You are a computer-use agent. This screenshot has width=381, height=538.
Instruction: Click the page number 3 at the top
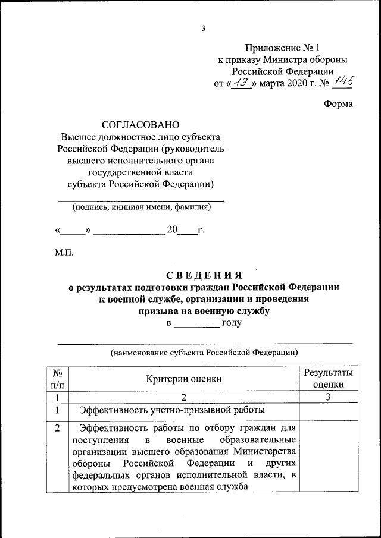[203, 27]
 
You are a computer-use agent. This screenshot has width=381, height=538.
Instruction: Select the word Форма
[338, 103]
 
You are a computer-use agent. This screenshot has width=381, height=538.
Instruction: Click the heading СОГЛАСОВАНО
[140, 125]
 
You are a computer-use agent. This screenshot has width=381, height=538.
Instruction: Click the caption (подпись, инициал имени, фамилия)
[141, 207]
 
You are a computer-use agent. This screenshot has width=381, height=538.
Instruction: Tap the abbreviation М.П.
[64, 253]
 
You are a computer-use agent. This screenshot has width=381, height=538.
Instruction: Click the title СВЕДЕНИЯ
[204, 275]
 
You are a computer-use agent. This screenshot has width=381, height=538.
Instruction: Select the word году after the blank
[231, 323]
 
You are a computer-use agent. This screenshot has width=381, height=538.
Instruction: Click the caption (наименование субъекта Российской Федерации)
[204, 352]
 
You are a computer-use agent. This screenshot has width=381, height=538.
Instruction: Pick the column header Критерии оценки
[184, 379]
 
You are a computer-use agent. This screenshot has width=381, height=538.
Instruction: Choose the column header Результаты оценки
[328, 379]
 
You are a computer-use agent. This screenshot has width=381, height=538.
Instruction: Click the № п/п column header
[58, 379]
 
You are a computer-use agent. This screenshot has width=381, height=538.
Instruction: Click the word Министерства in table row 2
[264, 451]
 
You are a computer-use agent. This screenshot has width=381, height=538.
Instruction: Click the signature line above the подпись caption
[141, 201]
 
